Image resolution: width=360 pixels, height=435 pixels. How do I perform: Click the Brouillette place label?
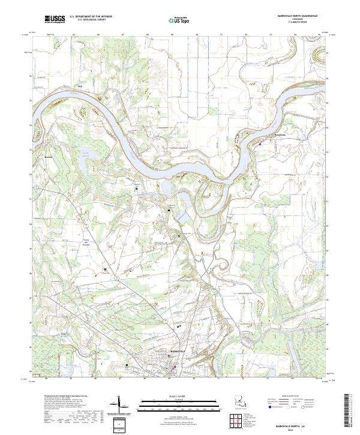(275, 136)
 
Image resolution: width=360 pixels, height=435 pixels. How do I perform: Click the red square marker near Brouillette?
(260, 143)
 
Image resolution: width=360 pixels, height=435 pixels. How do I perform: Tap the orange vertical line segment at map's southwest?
(100, 364)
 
